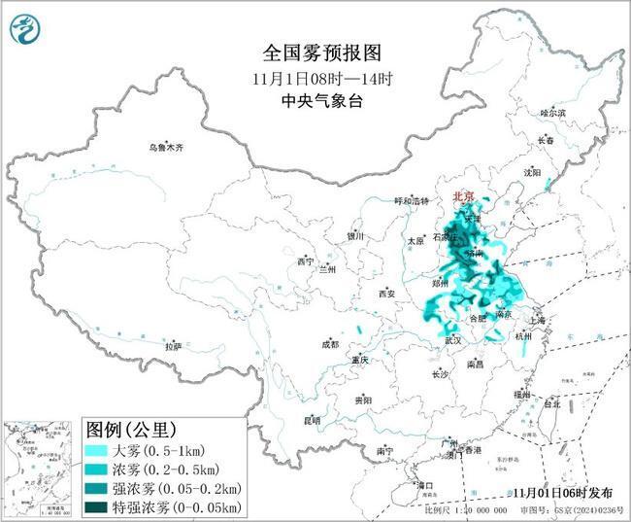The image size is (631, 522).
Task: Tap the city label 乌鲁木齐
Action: [165, 148]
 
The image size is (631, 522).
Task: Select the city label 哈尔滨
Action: [552, 113]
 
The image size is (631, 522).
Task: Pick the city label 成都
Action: [330, 344]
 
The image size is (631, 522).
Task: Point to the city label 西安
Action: [387, 293]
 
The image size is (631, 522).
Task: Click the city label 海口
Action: [424, 483]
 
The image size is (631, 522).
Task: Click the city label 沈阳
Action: [558, 172]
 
